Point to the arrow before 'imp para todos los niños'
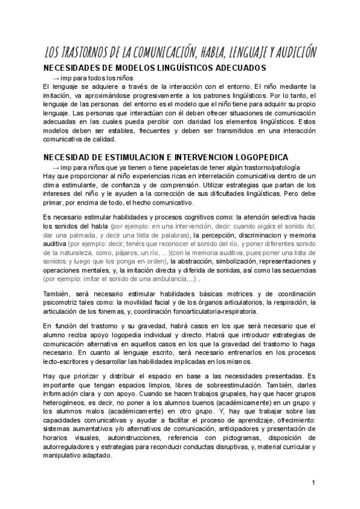56,78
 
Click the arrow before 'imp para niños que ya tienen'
56,167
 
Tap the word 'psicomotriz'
61,303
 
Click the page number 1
313,483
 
